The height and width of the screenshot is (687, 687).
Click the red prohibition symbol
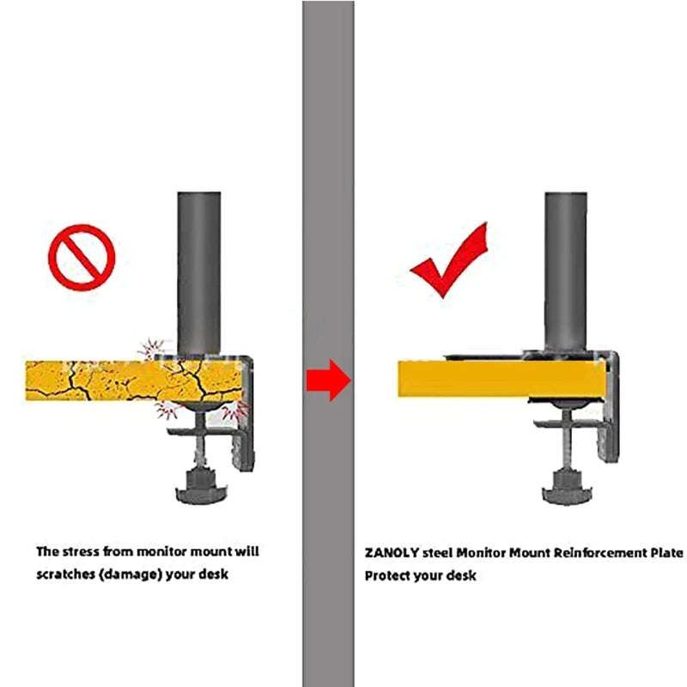click(x=82, y=255)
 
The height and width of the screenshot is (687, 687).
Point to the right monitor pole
click(x=565, y=266)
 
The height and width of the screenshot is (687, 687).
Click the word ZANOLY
click(x=392, y=555)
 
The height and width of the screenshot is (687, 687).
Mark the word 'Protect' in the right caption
click(x=387, y=575)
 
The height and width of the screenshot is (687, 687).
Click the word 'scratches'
click(x=64, y=574)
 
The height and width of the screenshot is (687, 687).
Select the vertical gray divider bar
click(x=328, y=172)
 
